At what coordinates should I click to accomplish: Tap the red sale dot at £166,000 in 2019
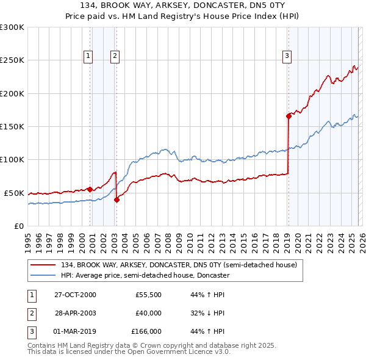(289, 116)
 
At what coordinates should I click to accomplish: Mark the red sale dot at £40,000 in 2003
(117, 199)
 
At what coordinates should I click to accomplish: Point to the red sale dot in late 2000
(90, 189)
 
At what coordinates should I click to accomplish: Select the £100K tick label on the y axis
(12, 160)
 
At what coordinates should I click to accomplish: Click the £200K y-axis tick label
(12, 94)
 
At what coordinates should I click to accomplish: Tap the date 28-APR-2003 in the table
(76, 313)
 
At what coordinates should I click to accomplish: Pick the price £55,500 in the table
(148, 295)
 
